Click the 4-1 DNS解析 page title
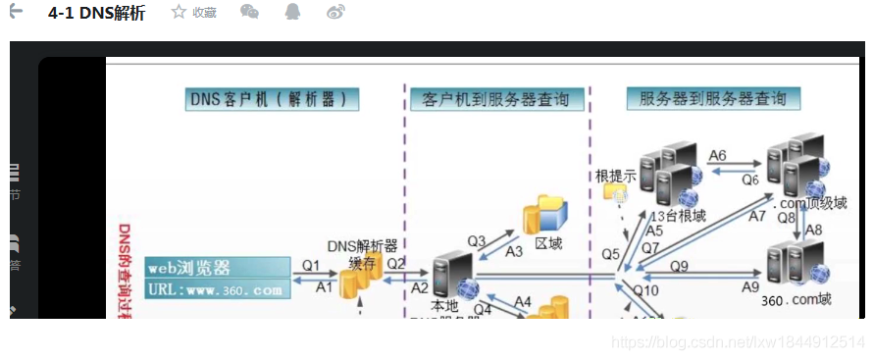[96, 13]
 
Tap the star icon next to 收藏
[179, 12]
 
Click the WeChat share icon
[250, 12]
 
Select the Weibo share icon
[335, 12]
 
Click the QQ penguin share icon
[293, 12]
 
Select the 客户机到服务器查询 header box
[502, 99]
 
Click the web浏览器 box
[218, 267]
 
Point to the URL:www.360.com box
[218, 289]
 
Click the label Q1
[311, 265]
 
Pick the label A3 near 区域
[513, 251]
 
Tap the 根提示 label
[616, 177]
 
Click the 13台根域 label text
[678, 215]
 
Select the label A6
[717, 155]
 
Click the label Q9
[680, 265]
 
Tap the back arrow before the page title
[16, 12]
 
